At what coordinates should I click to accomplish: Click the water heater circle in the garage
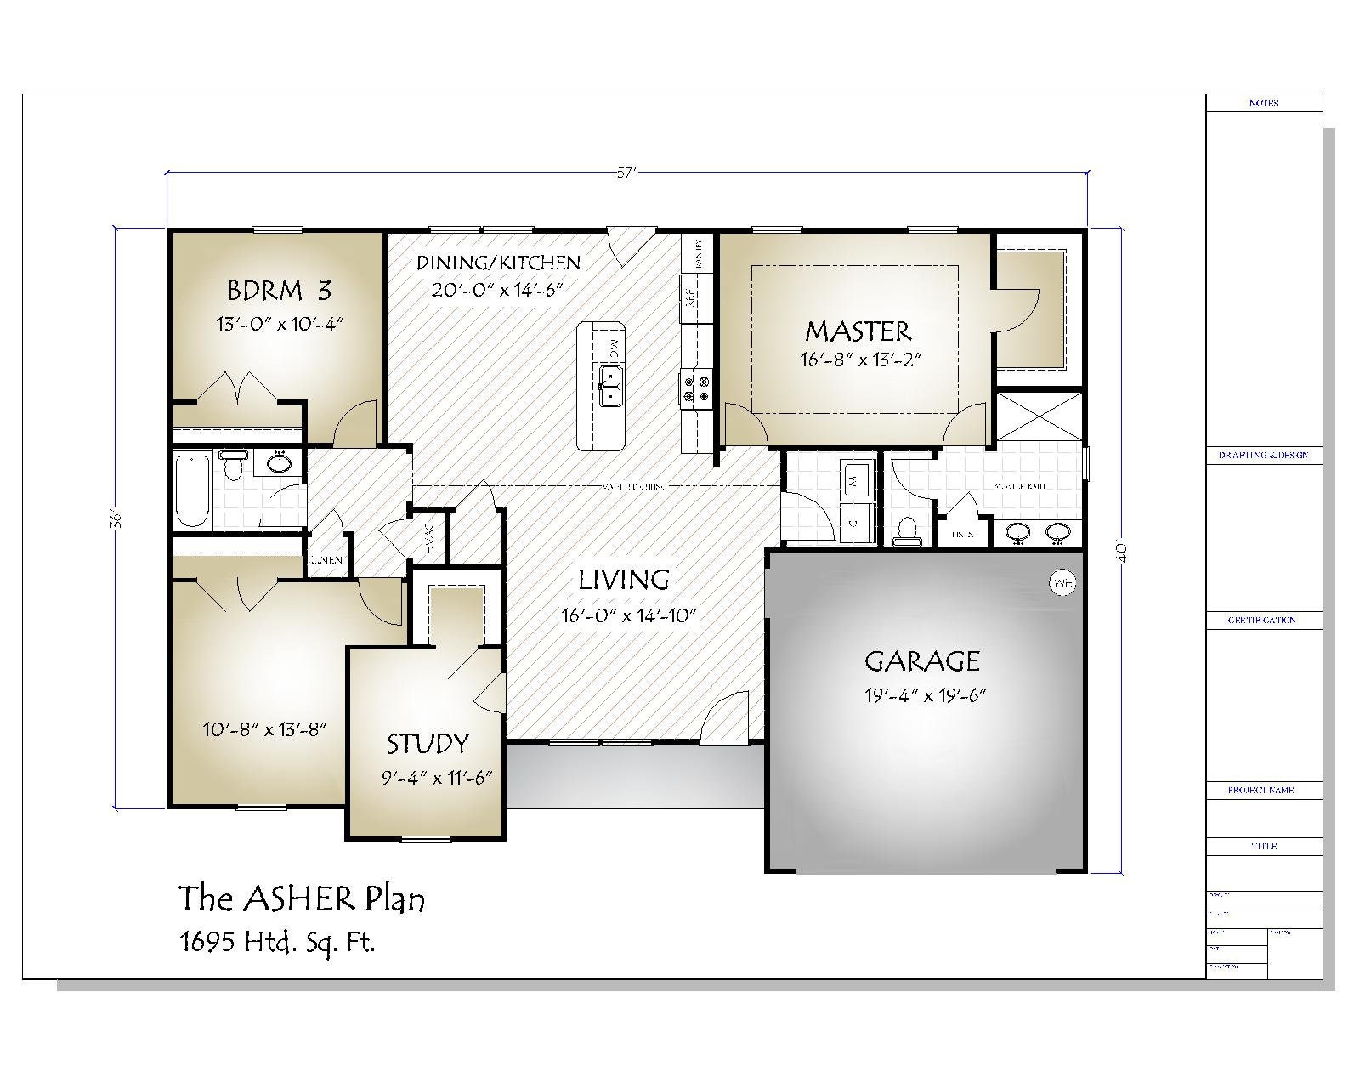coord(1061,583)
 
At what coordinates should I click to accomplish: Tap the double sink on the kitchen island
coord(610,387)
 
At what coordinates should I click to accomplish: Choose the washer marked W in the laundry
coord(854,481)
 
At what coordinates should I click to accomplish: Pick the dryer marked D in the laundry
coord(854,522)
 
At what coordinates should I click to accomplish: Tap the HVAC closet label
coord(429,539)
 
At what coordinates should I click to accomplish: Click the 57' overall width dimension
coord(626,173)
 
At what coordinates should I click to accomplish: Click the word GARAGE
coord(922,660)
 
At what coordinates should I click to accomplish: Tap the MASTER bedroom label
coord(858,331)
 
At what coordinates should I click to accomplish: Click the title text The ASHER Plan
coord(301,898)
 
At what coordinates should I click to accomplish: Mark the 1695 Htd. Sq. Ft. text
coord(277,941)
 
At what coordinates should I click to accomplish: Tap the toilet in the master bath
coord(907,530)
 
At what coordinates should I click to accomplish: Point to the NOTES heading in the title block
coord(1264,103)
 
